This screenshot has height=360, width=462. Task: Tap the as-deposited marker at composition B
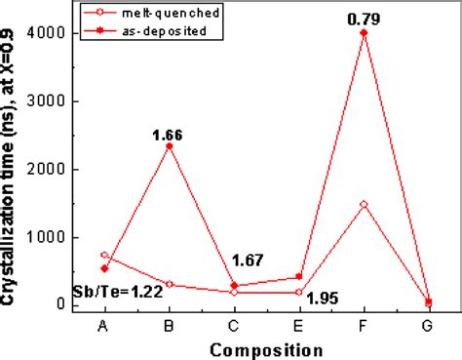point(170,145)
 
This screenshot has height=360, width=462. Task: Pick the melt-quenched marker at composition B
point(170,284)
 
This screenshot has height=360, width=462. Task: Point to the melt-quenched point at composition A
point(104,255)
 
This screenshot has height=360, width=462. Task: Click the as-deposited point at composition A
point(104,268)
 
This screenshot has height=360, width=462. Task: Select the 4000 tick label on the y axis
point(54,33)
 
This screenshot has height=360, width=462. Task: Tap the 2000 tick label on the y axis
point(54,169)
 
